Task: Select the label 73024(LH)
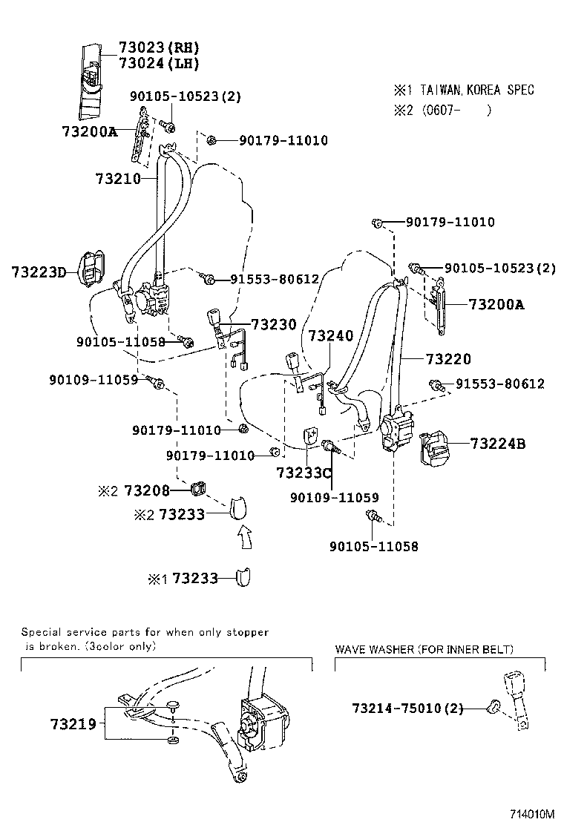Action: tap(159, 64)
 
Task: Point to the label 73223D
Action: tap(39, 272)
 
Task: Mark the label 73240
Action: tap(331, 336)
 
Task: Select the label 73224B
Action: tap(497, 444)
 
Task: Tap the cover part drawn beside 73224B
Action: tap(439, 449)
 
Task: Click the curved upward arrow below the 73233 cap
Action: tap(244, 536)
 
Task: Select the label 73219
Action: tap(73, 723)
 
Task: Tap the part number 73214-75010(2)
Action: tap(407, 709)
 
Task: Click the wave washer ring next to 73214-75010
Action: tap(491, 709)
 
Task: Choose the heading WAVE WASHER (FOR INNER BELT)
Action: tap(424, 649)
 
